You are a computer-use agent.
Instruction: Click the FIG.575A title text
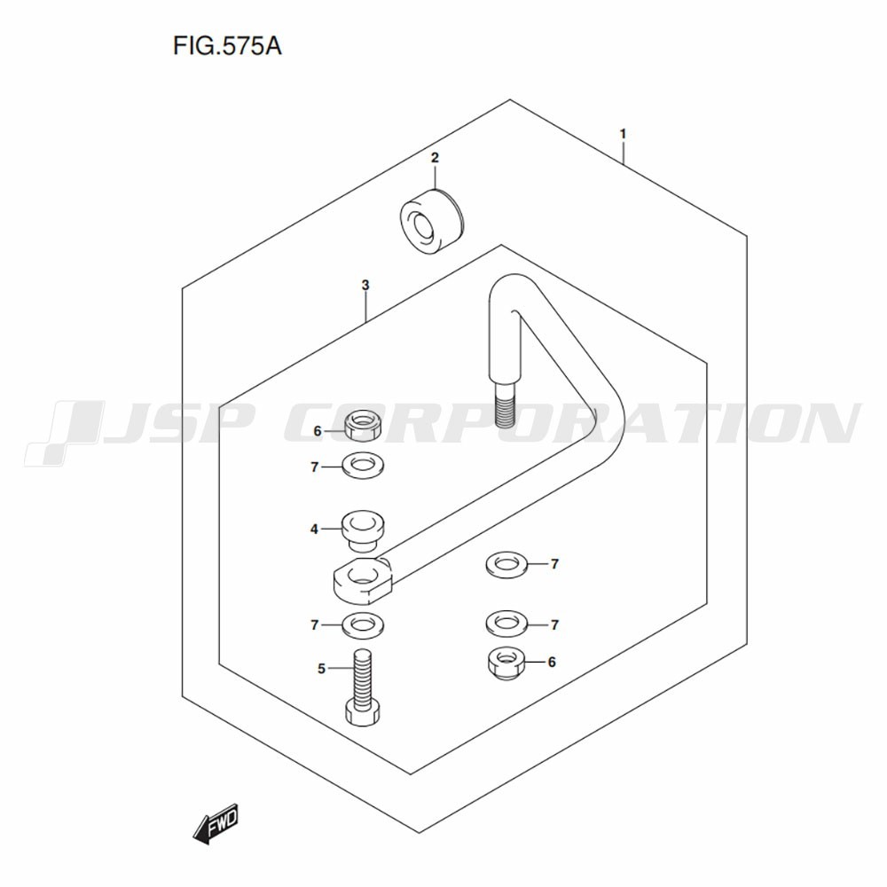pos(227,46)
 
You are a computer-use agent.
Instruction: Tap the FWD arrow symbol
pos(216,824)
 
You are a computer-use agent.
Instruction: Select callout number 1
pos(623,134)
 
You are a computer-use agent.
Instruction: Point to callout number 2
pos(435,157)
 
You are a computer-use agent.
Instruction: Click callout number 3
pos(365,285)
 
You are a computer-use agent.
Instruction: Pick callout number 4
pos(315,530)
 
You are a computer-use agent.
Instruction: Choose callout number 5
pos(321,669)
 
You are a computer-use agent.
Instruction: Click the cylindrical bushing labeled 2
pos(431,222)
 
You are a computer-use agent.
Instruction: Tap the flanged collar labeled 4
pos(362,530)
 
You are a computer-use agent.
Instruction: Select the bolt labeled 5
pos(362,687)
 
